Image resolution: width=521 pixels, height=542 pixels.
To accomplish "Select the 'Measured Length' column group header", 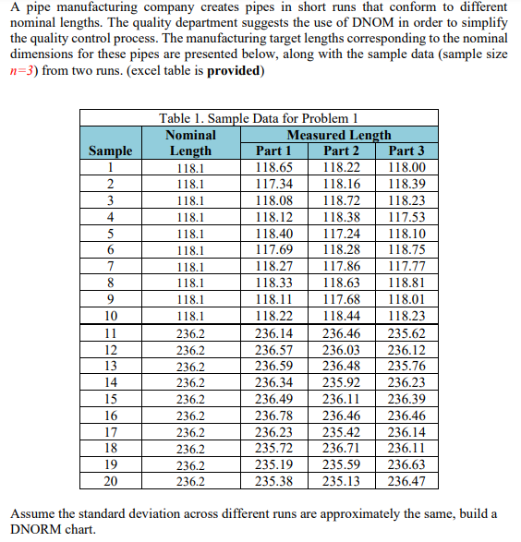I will point(339,135).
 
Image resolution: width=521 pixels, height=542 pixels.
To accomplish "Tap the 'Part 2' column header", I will point(341,151).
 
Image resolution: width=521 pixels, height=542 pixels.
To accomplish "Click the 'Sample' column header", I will point(110,151).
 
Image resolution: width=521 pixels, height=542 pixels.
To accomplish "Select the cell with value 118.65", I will point(273,168).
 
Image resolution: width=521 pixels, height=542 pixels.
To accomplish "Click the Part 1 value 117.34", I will point(273,185).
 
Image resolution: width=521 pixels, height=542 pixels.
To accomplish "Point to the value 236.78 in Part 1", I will point(273,417).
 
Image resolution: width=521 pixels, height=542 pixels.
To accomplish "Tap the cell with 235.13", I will point(341,481).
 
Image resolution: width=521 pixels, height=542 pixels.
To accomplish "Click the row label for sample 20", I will point(110,481).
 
